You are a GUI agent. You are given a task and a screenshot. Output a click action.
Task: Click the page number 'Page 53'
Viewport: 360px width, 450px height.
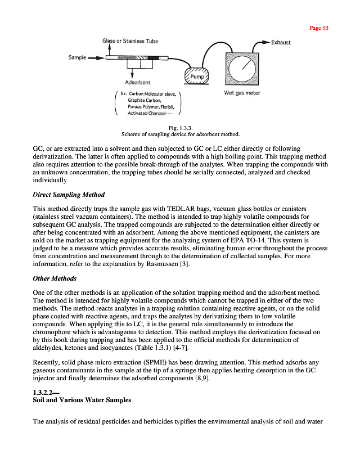318,28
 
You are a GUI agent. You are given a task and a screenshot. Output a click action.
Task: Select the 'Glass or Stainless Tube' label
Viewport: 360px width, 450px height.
130,41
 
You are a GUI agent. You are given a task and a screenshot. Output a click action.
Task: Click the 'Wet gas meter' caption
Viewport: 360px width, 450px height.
242,93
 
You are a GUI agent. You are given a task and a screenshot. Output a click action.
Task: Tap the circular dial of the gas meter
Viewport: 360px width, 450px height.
242,67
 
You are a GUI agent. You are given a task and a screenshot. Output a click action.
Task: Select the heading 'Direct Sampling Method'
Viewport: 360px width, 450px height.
69,195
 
